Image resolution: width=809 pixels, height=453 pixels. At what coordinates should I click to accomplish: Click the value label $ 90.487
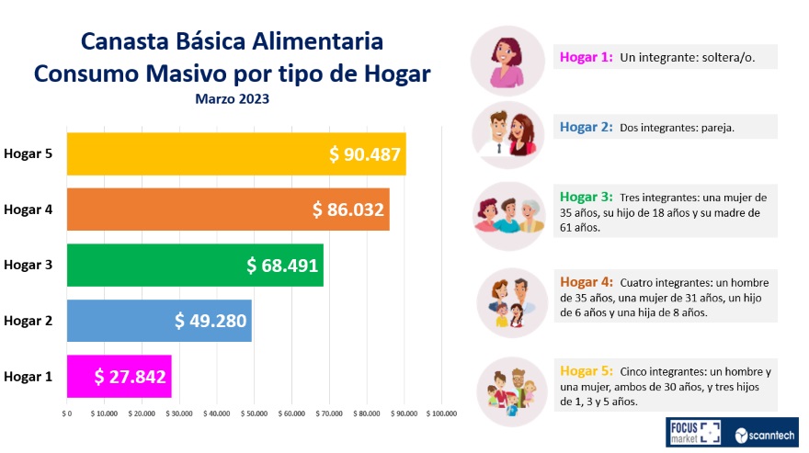[365, 154]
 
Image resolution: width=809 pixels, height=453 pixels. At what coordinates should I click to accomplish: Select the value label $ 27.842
[130, 377]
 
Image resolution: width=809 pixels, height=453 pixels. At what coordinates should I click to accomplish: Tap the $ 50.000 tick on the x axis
[254, 414]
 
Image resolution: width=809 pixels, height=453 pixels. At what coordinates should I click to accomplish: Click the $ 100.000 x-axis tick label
[442, 414]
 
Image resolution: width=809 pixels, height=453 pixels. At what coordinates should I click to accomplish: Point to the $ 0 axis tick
[66, 414]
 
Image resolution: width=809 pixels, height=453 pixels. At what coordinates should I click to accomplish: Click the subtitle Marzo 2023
[232, 98]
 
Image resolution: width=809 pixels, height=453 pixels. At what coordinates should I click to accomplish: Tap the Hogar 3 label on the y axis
[28, 266]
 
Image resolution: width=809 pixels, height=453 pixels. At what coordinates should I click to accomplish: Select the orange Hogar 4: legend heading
[586, 282]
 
